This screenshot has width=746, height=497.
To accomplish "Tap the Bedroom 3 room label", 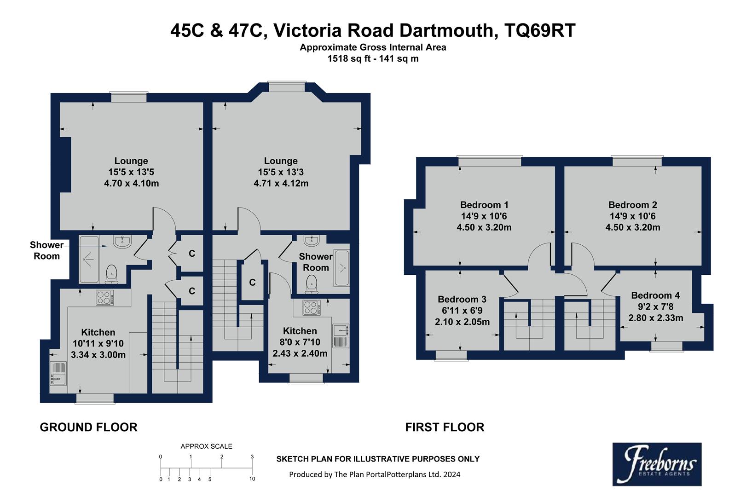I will click(x=462, y=300).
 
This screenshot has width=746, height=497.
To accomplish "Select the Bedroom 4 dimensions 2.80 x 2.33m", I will click(x=655, y=318).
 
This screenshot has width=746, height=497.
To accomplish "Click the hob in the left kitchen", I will click(x=105, y=298).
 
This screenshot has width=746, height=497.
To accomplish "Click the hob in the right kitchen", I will click(x=312, y=307).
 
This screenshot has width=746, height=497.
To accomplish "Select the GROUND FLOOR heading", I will click(x=88, y=428).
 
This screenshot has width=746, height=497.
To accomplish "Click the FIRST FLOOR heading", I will click(x=444, y=428).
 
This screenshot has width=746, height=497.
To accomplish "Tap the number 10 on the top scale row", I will click(x=253, y=479).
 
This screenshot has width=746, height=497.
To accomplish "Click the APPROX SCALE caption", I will click(x=206, y=446).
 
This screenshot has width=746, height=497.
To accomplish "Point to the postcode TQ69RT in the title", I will click(x=540, y=31).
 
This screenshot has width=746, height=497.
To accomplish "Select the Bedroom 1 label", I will click(x=484, y=205).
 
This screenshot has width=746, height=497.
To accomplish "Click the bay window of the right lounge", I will click(x=287, y=86).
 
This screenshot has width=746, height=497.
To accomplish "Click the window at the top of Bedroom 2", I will click(x=636, y=161).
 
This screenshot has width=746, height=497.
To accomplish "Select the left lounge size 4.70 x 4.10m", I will click(x=131, y=183).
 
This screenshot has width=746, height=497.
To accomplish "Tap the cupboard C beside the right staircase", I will click(x=252, y=283).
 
